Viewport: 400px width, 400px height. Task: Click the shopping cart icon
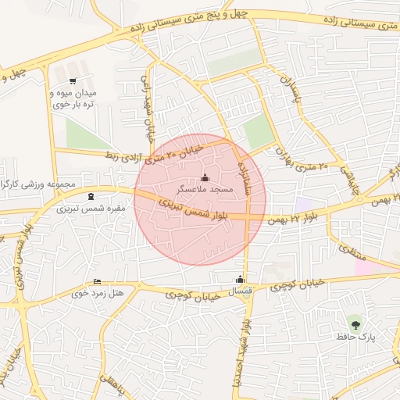73,81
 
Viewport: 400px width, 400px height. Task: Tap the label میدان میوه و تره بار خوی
72,98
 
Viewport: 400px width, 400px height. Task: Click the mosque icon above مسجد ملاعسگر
205,177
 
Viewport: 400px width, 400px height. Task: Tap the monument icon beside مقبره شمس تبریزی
93,196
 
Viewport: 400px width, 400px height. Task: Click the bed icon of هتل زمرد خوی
97,281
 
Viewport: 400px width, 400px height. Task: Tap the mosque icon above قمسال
240,280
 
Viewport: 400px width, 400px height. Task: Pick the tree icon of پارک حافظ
356,323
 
